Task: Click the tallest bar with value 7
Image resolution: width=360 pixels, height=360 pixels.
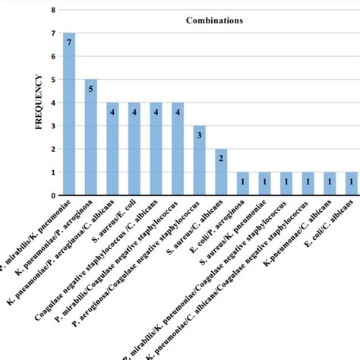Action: point(69,114)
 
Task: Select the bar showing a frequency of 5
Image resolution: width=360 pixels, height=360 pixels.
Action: point(90,137)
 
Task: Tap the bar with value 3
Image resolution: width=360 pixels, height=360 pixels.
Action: point(199,160)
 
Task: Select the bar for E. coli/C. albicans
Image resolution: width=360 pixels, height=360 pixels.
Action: point(352,184)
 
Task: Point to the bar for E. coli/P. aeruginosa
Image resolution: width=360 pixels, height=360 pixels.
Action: point(243,184)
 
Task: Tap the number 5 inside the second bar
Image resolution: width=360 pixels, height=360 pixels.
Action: point(90,90)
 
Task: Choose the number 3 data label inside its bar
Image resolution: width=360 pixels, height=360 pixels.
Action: point(199,136)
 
